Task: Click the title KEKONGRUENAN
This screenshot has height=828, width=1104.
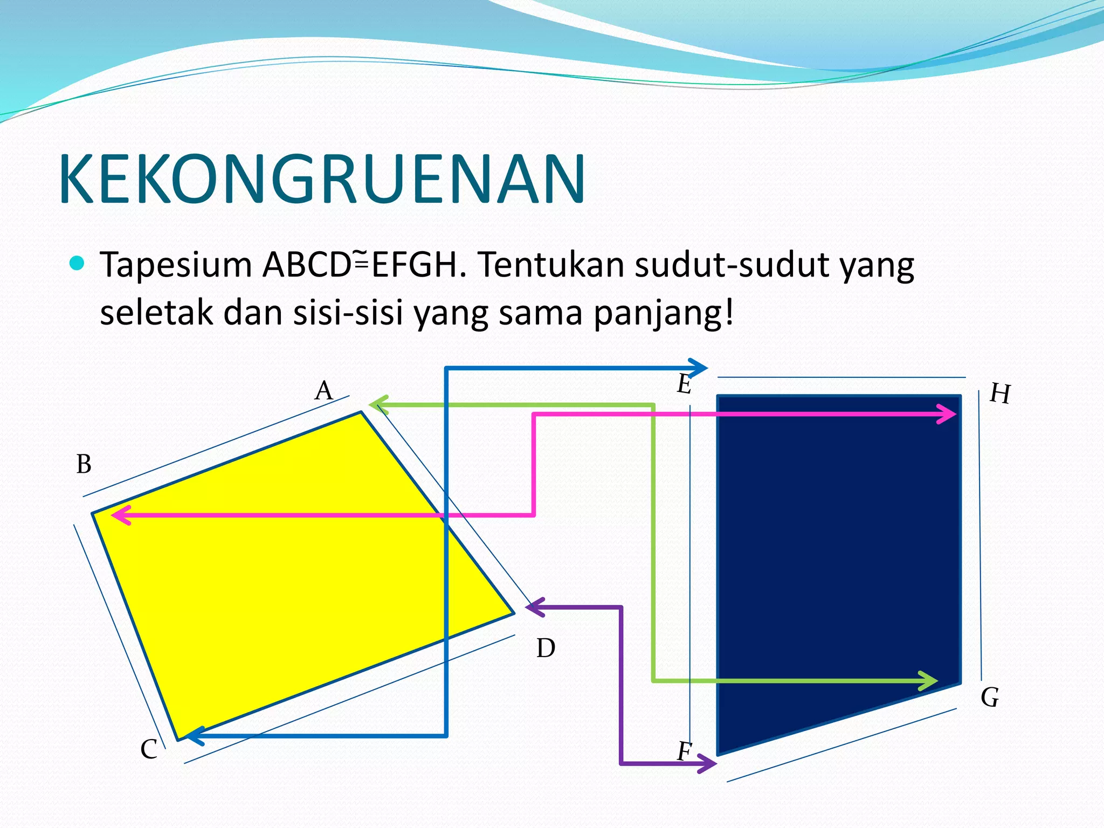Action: click(x=322, y=180)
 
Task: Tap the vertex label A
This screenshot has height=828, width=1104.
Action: click(x=324, y=390)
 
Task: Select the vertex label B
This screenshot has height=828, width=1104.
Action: click(x=84, y=464)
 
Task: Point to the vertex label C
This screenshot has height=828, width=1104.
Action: click(x=149, y=749)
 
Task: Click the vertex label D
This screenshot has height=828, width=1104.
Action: click(x=546, y=648)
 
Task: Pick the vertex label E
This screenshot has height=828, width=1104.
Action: click(x=684, y=384)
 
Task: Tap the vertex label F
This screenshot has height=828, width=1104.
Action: click(x=684, y=751)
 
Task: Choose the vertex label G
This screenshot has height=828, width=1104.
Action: click(x=990, y=698)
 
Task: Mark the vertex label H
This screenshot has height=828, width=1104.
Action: click(x=1000, y=394)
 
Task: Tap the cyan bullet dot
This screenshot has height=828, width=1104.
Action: click(x=78, y=263)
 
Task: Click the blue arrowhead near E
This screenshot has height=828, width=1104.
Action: click(x=699, y=368)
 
